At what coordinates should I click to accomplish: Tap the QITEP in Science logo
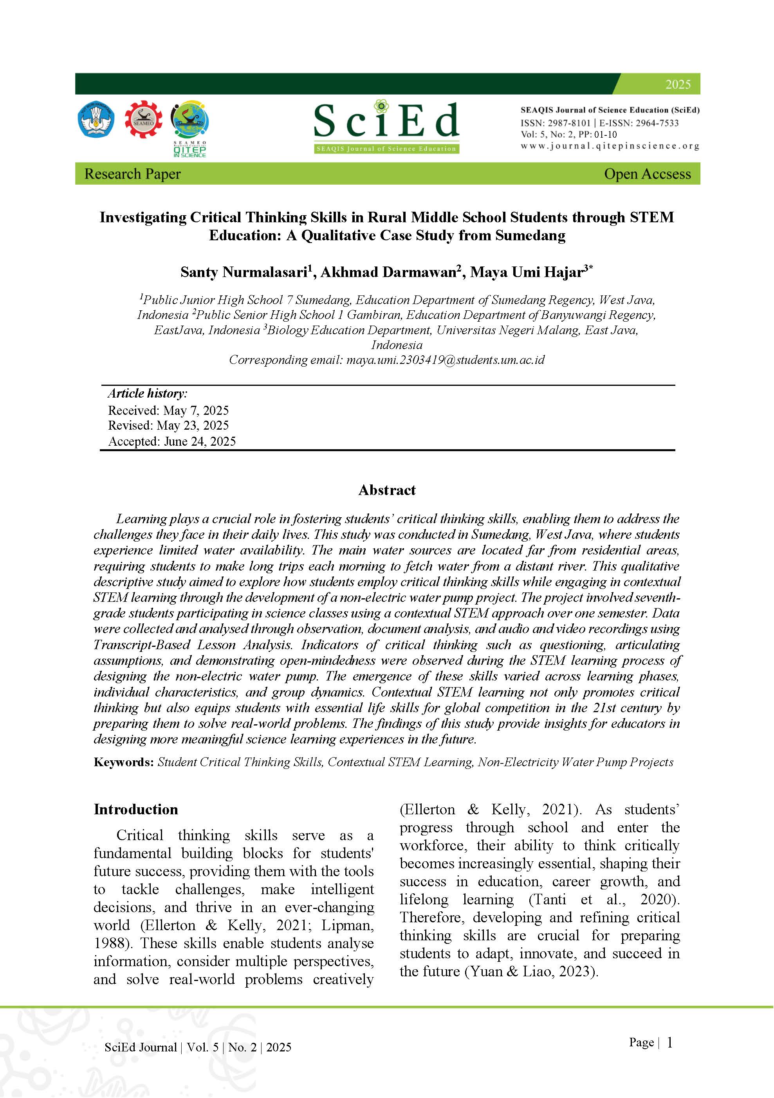(x=190, y=128)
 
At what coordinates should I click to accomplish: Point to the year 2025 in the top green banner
(x=677, y=85)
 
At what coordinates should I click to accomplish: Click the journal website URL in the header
(x=610, y=146)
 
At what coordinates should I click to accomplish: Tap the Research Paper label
(x=132, y=174)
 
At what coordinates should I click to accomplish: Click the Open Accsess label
(x=647, y=174)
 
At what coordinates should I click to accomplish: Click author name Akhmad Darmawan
(x=388, y=272)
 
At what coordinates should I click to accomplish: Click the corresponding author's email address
(x=446, y=360)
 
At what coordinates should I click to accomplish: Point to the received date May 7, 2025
(x=196, y=410)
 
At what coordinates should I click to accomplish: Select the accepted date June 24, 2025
(x=200, y=441)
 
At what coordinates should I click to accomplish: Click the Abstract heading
(x=387, y=490)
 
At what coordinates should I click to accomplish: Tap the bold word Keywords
(x=123, y=762)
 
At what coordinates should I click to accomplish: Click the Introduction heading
(x=136, y=810)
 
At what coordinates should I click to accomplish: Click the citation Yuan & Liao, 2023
(x=532, y=972)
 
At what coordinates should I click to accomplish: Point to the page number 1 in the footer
(x=669, y=1042)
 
